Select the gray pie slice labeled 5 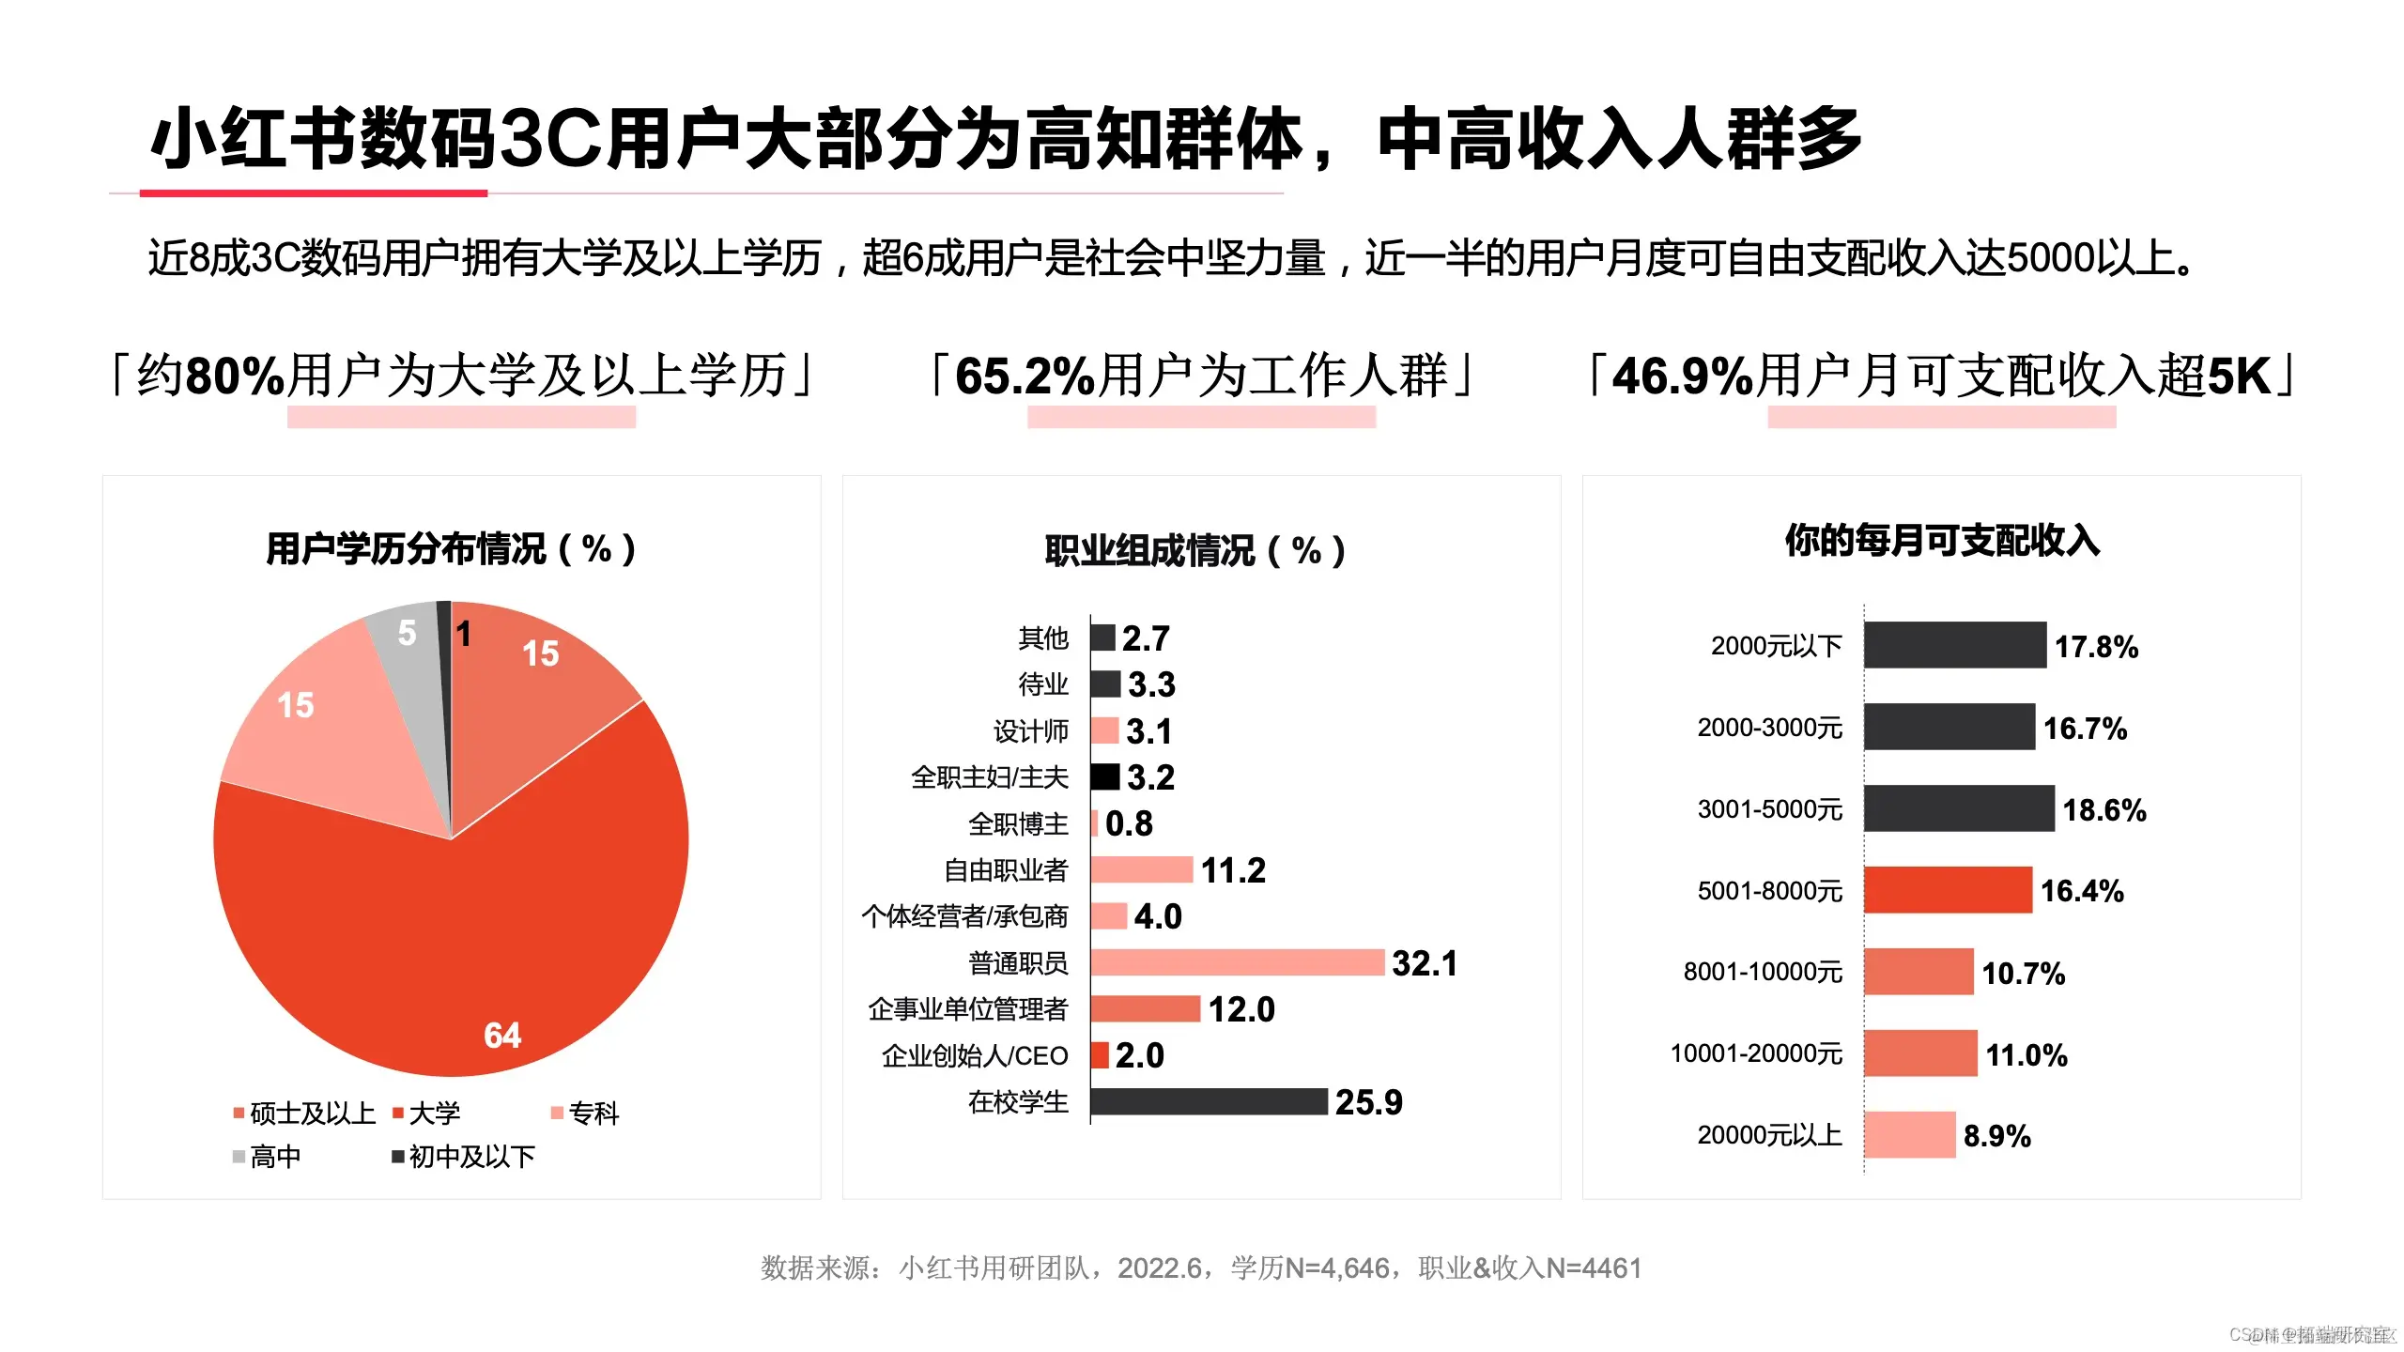click(x=408, y=657)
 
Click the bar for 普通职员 click(x=1237, y=962)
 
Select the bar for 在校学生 click(x=1209, y=1102)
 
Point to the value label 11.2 click(x=1233, y=870)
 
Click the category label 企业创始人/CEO click(x=975, y=1056)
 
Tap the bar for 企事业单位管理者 click(x=1145, y=1009)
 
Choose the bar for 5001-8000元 click(x=1948, y=890)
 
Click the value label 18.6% click(x=2104, y=809)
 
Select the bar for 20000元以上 click(x=1909, y=1135)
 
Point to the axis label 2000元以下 click(x=1776, y=646)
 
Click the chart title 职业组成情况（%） click(x=1195, y=550)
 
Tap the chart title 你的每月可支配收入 click(x=1942, y=541)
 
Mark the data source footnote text click(x=1201, y=1268)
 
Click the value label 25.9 click(x=1368, y=1102)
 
